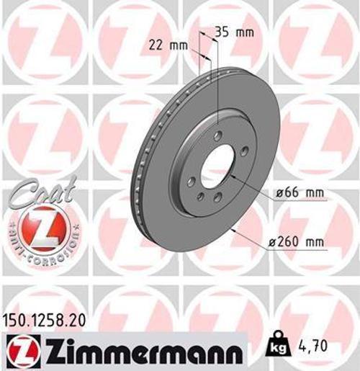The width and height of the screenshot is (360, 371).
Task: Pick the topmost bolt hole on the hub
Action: [217, 135]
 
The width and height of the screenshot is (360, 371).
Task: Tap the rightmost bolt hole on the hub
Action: [245, 151]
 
